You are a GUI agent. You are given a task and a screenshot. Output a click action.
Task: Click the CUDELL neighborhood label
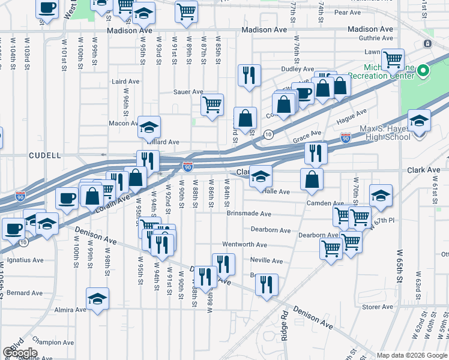[x=45, y=155]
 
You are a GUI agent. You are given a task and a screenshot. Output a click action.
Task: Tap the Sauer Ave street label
[x=188, y=92]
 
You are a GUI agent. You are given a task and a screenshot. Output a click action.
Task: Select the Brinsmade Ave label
[x=249, y=213]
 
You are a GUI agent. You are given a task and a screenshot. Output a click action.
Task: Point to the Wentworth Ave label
[x=244, y=245]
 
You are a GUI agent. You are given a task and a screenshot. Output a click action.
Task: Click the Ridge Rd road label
[x=285, y=325]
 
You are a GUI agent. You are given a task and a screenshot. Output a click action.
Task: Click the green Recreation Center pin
[x=423, y=71]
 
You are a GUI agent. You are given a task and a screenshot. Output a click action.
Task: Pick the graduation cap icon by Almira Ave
[x=98, y=298]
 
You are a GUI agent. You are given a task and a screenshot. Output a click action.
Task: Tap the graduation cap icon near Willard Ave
[x=149, y=127]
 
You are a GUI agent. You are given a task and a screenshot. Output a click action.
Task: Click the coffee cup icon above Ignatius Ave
[x=13, y=228]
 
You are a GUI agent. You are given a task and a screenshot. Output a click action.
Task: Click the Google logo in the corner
[x=20, y=353]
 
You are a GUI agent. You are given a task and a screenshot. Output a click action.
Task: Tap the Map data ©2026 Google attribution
[x=412, y=355]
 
